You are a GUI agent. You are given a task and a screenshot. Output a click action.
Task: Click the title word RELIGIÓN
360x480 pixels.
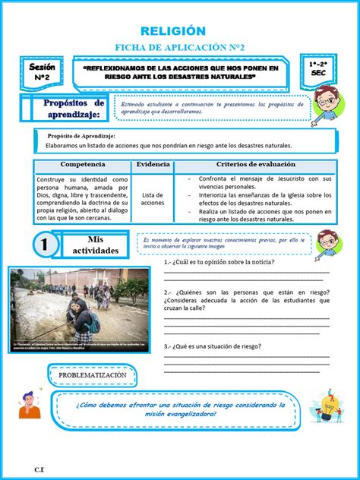[x=180, y=30]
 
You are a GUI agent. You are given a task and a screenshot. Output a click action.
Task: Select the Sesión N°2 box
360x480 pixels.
[x=43, y=73]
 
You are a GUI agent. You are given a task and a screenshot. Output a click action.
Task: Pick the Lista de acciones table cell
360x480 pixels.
[x=153, y=198]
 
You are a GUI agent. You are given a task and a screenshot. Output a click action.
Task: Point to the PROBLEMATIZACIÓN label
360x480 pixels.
[x=92, y=375]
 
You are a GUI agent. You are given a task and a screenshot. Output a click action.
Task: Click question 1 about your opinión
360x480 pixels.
[x=219, y=263]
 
